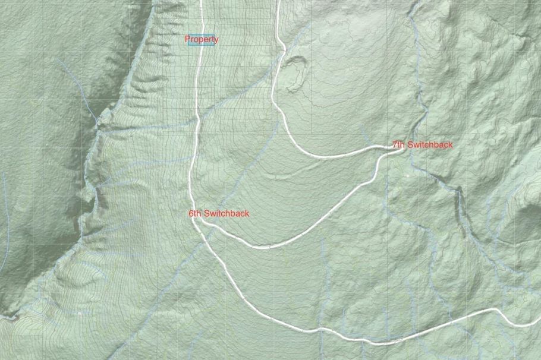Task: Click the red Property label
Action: (201, 40)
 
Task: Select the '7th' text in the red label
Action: (398, 145)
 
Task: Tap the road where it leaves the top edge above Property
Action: (201, 2)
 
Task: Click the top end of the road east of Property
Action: (278, 2)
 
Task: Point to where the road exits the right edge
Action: (538, 324)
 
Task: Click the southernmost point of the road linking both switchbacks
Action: (265, 247)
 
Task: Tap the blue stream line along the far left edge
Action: (4, 196)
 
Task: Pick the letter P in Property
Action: (187, 40)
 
